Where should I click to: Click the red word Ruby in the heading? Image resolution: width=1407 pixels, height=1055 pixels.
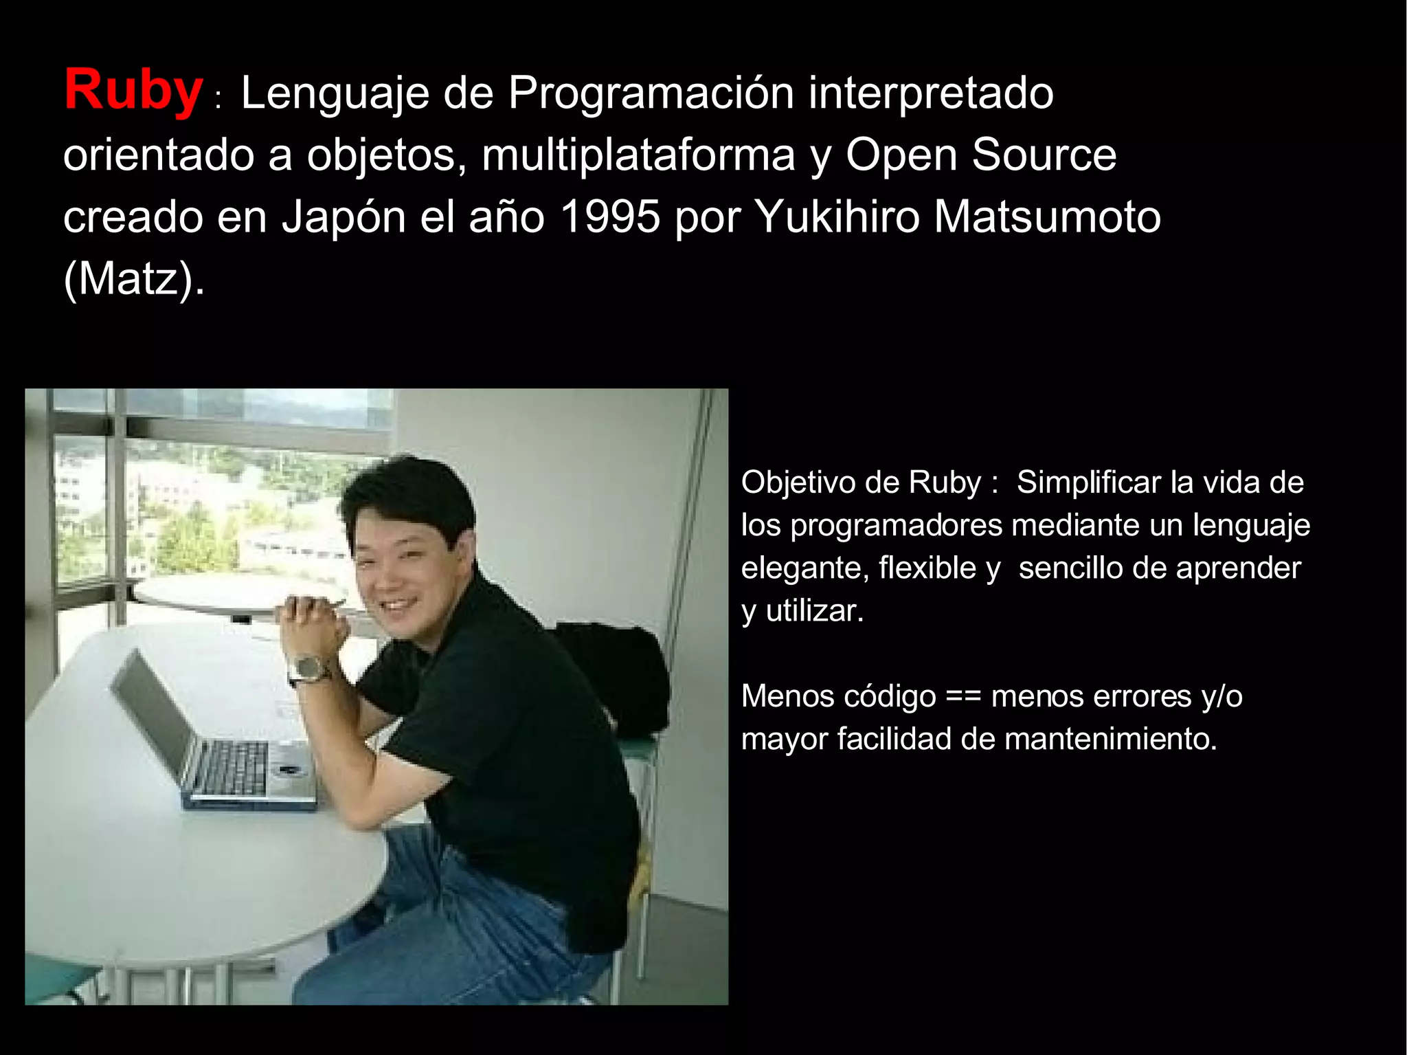pyautogui.click(x=133, y=90)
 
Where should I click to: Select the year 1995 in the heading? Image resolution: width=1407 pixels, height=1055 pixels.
pyautogui.click(x=610, y=216)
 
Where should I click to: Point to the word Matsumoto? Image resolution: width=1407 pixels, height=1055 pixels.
pyautogui.click(x=1047, y=216)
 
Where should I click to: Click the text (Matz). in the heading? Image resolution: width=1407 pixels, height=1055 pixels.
pyautogui.click(x=134, y=279)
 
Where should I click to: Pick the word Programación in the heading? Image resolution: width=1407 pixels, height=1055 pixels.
pyautogui.click(x=651, y=93)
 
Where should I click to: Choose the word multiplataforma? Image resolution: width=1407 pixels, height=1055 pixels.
pyautogui.click(x=638, y=155)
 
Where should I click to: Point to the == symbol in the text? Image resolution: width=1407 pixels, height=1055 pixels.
pyautogui.click(x=963, y=697)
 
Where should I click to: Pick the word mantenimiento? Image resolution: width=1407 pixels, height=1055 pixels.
pyautogui.click(x=1110, y=740)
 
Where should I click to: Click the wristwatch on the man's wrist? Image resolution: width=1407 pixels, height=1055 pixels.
pyautogui.click(x=310, y=668)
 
